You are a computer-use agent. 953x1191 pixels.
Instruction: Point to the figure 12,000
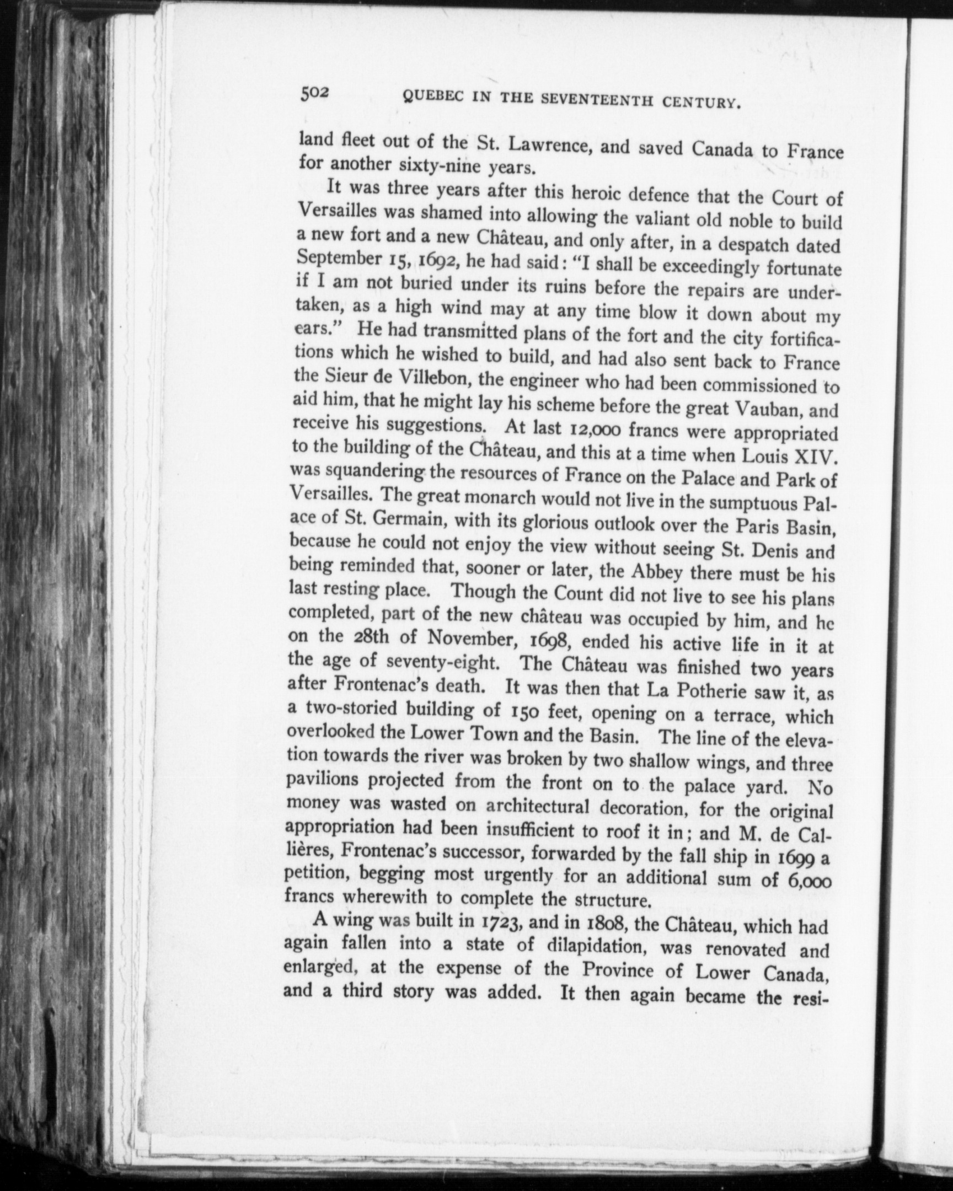point(587,429)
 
